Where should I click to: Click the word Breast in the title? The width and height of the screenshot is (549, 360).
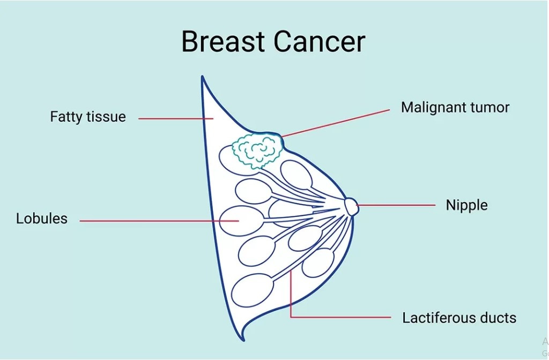(x=222, y=41)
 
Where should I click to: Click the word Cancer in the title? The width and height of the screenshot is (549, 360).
(x=320, y=41)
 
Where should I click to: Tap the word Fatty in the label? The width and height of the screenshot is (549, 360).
(x=66, y=117)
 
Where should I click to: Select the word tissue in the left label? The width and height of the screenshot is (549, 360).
(x=107, y=116)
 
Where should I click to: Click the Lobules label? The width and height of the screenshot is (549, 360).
(x=42, y=219)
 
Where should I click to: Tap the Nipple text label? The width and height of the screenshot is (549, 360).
(x=467, y=205)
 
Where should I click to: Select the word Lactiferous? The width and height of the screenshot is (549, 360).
(x=439, y=318)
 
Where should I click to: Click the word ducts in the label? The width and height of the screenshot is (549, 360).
(x=498, y=318)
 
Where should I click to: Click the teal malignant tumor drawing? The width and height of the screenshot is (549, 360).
(x=258, y=151)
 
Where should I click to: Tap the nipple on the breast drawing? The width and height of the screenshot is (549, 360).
(x=351, y=206)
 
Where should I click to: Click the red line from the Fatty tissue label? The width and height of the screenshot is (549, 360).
(x=176, y=118)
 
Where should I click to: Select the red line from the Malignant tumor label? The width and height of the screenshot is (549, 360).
(x=336, y=123)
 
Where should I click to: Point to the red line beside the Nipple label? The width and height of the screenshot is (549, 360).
(x=396, y=205)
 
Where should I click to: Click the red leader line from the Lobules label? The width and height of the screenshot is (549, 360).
(x=159, y=221)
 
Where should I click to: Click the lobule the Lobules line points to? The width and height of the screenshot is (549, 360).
(x=241, y=221)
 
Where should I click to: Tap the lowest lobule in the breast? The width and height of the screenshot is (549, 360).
(x=253, y=290)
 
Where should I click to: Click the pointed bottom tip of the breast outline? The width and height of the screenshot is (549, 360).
(x=244, y=340)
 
